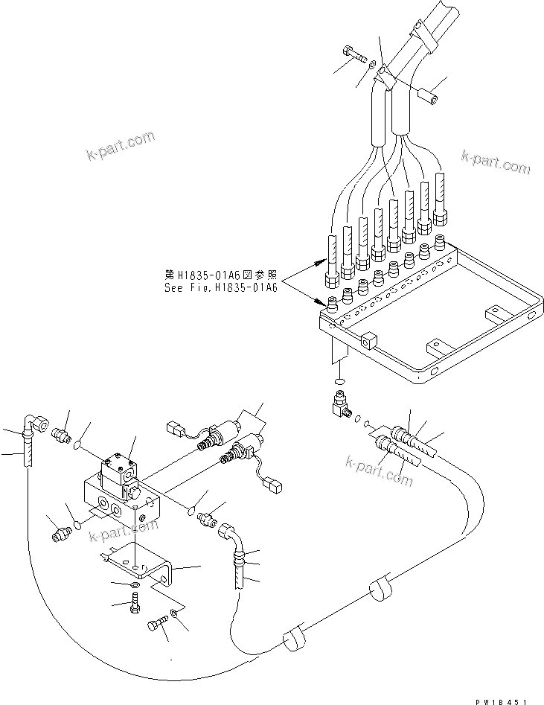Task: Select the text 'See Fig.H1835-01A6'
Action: (x=220, y=286)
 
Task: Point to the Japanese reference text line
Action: (x=220, y=273)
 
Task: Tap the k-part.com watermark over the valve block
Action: (x=124, y=530)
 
